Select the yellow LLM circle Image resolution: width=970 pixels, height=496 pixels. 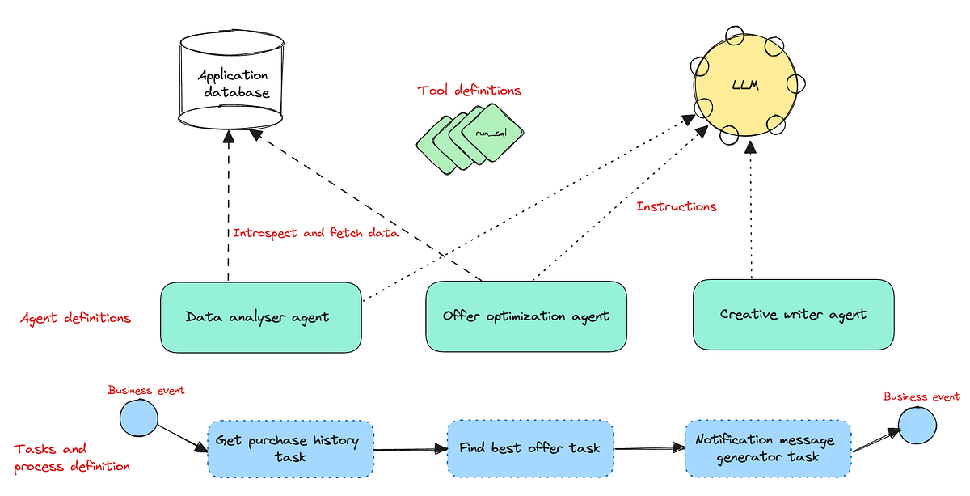click(x=744, y=85)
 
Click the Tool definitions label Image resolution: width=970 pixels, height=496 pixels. click(x=469, y=91)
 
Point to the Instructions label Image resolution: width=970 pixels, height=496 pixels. click(x=676, y=206)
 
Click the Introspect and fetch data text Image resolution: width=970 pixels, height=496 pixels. click(x=315, y=233)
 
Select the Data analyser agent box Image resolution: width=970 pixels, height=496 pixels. click(x=259, y=316)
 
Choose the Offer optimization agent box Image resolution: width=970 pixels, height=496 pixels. click(x=525, y=316)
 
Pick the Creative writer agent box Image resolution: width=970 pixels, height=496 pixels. click(x=793, y=315)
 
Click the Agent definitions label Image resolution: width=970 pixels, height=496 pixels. click(x=75, y=318)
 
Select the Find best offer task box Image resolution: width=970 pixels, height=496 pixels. click(x=530, y=447)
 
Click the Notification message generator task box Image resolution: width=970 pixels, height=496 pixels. click(x=767, y=448)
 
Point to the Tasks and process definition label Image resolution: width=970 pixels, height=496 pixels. click(x=71, y=457)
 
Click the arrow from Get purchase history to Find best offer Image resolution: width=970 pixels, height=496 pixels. click(x=411, y=448)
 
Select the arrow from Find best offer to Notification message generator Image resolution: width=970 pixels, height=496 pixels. click(x=646, y=447)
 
